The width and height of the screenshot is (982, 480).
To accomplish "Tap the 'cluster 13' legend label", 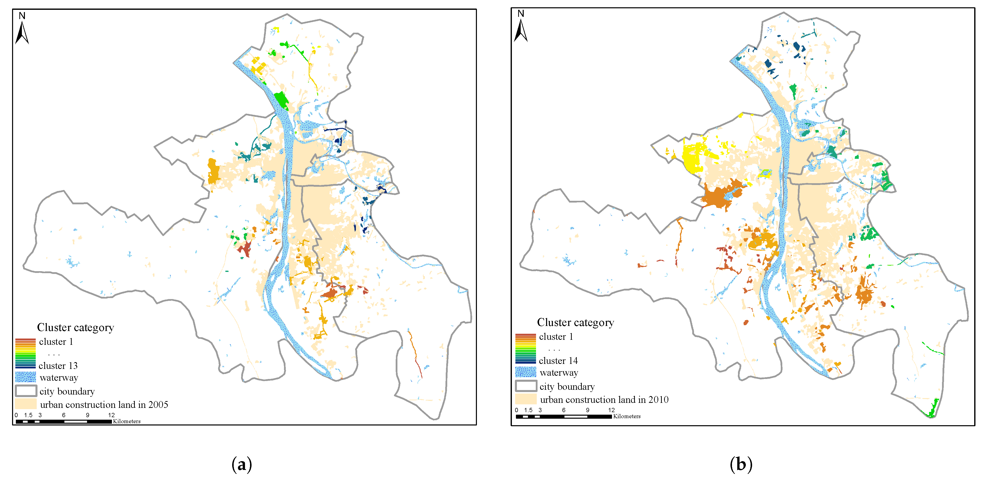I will coord(58,366).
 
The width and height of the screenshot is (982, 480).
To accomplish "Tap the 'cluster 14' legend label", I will coord(558,361).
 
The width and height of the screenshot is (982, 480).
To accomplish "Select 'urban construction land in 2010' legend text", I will coord(604,400).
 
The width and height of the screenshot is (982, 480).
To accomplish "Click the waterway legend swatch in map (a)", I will coord(26,377).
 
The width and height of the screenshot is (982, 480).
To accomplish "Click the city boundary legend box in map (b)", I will coord(526,386).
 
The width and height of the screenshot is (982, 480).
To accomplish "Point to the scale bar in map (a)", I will coord(64,421).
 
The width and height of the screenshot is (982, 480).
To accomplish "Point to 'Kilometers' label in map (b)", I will coord(627,416).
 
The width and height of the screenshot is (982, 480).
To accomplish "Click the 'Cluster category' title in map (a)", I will coord(75,328).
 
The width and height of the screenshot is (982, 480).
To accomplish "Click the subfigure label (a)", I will coord(242,464).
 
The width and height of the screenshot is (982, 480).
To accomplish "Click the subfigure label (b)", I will coord(741,464).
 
